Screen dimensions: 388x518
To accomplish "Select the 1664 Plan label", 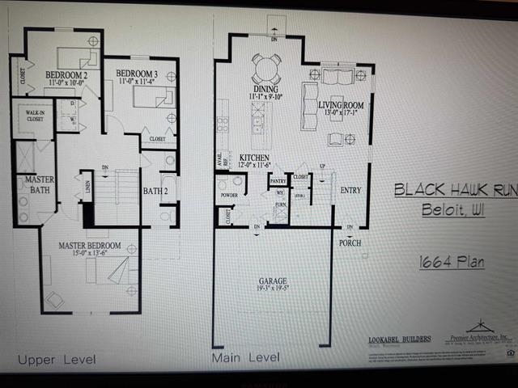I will pos(452,261).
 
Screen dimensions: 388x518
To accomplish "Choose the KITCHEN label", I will pos(253,158).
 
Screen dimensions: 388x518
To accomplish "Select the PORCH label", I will pos(350,242).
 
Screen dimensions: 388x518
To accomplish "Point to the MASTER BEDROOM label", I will pos(89,244).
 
